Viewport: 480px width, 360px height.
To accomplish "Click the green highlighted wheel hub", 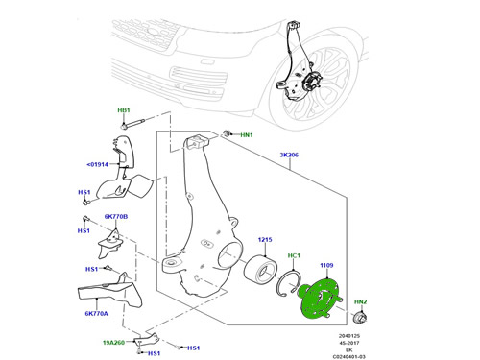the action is coord(320,299).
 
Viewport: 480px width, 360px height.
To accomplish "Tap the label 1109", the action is coord(326,265).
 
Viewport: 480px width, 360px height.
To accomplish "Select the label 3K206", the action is coord(289,155).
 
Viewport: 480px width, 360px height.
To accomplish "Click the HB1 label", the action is coord(124,110).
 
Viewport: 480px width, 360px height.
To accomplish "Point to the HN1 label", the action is coord(247,135).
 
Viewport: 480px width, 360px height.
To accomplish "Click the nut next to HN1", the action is coord(227,133).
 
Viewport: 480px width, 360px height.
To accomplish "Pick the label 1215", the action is coord(265,240).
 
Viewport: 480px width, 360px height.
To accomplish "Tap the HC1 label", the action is coord(294,255).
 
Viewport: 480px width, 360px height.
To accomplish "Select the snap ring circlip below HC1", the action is coord(288,283).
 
